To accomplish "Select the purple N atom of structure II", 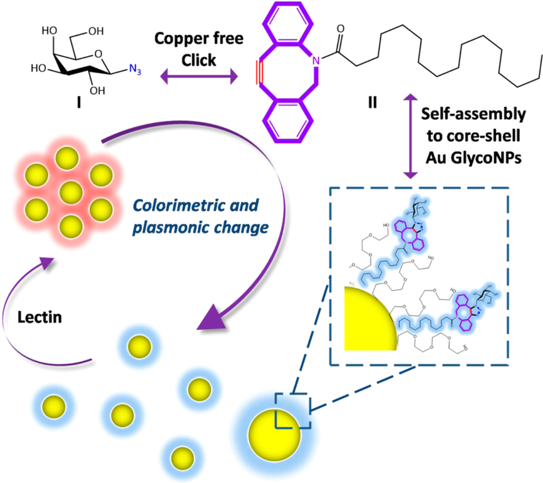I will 317,62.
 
